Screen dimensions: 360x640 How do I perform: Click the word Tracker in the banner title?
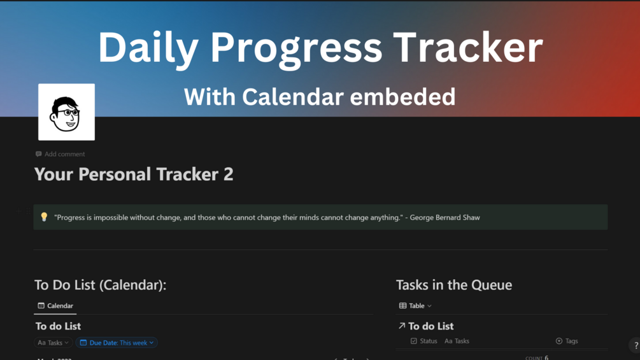[x=468, y=48]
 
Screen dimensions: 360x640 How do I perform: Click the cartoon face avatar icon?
[x=66, y=112]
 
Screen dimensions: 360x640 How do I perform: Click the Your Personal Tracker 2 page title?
[x=134, y=175]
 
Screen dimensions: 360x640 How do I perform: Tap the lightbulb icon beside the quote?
[x=44, y=217]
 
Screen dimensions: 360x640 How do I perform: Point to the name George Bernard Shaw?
[x=444, y=217]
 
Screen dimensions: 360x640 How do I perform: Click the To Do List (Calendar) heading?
[x=100, y=285]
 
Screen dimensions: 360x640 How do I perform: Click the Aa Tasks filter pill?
[x=53, y=343]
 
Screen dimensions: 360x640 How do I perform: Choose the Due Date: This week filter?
[x=117, y=343]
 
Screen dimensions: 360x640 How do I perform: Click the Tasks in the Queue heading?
[x=453, y=285]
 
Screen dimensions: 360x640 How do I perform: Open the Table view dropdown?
[x=415, y=306]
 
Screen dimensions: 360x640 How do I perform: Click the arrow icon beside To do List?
[x=402, y=326]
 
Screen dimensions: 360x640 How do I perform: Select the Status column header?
[x=424, y=341]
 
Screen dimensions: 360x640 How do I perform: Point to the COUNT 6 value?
[x=537, y=357]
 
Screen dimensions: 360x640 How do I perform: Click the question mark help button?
[x=636, y=345]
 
